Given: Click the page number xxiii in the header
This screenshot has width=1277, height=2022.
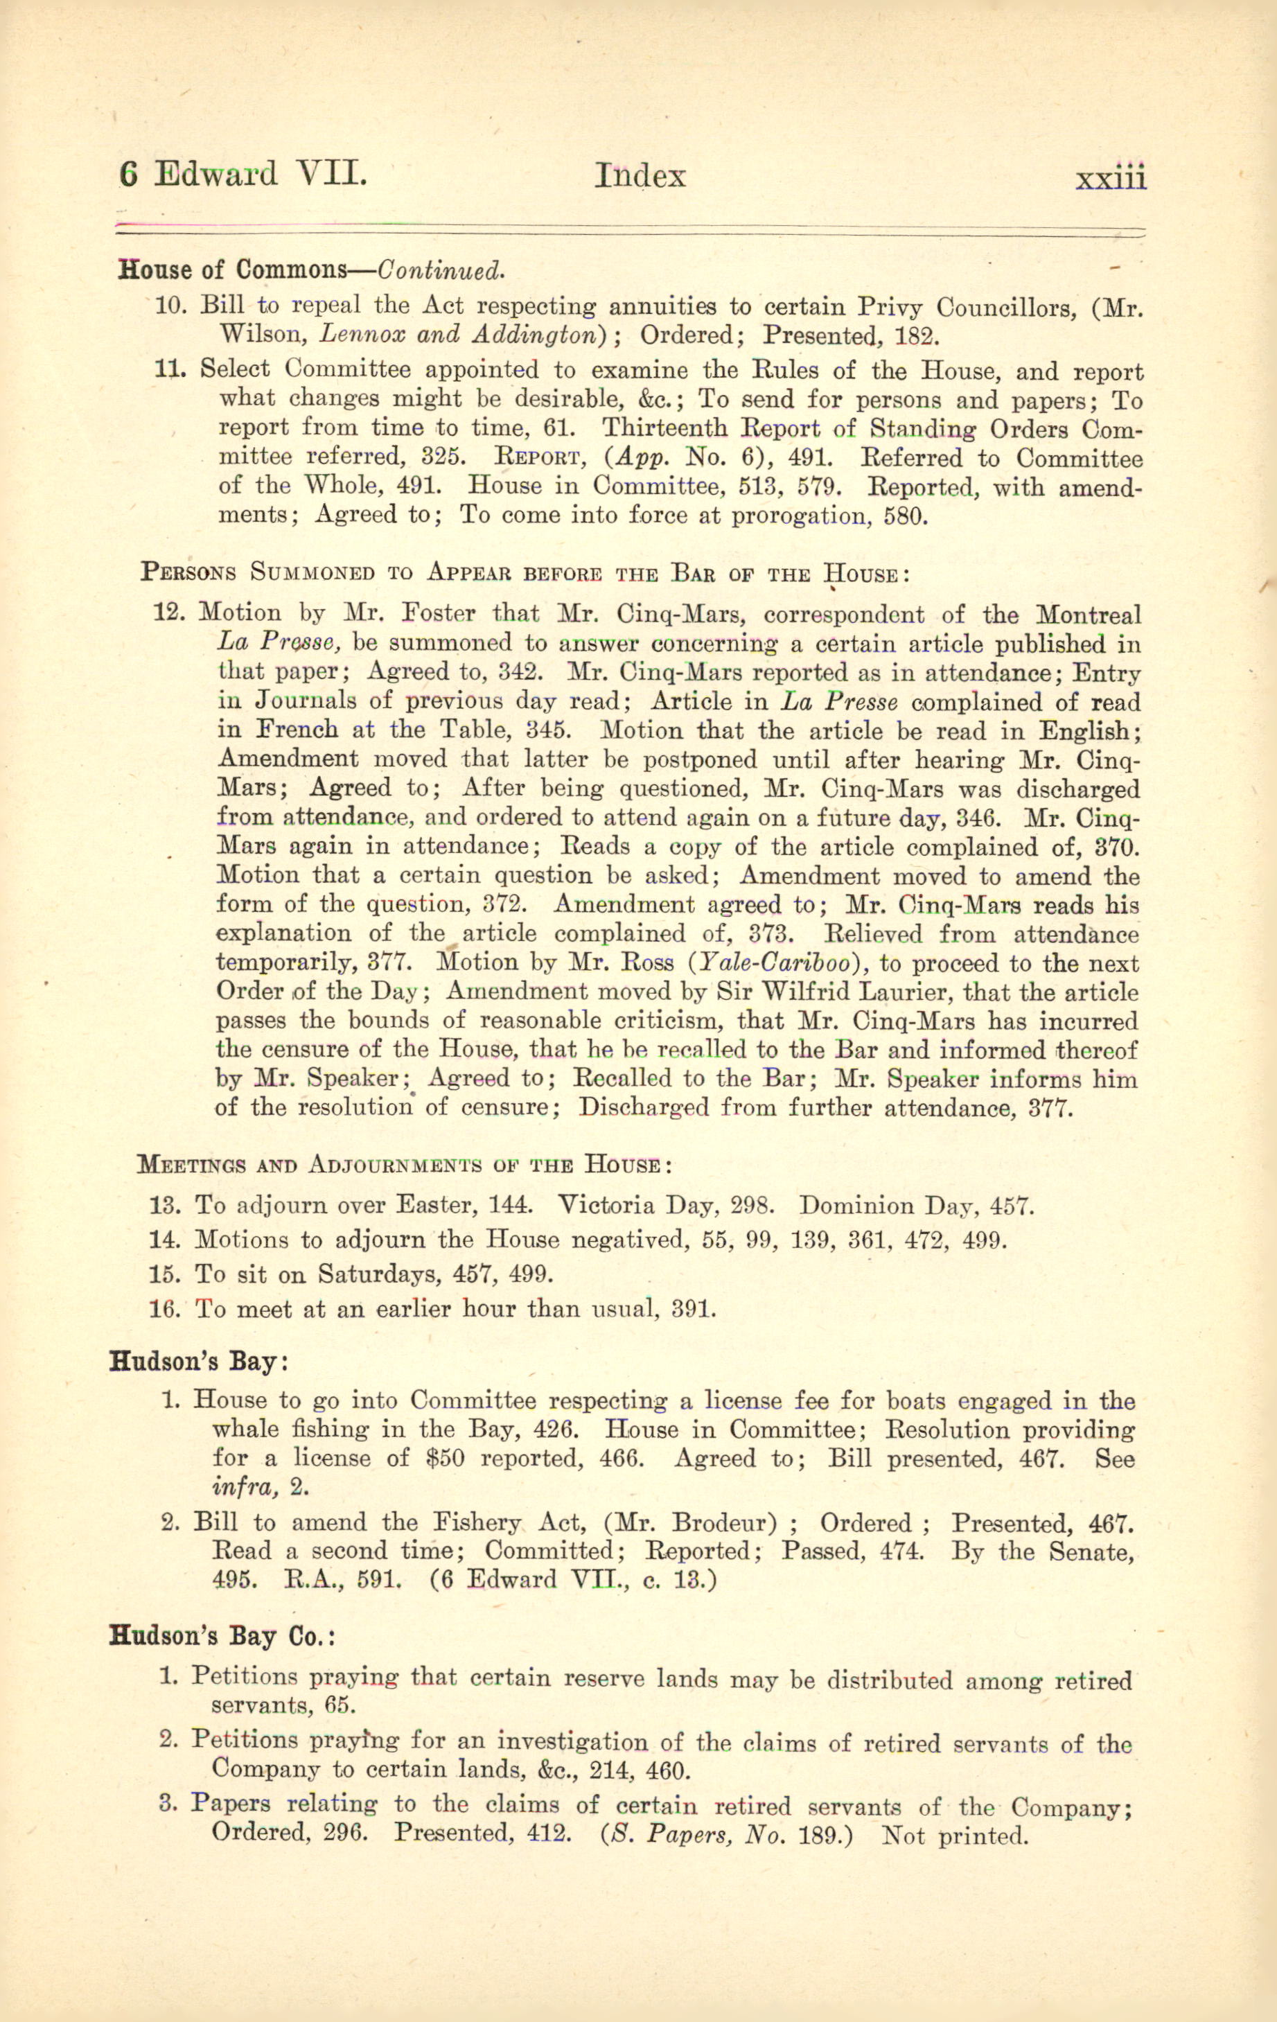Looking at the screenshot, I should click(x=1110, y=179).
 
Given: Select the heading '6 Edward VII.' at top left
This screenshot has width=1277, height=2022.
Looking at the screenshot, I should click(x=243, y=174).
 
